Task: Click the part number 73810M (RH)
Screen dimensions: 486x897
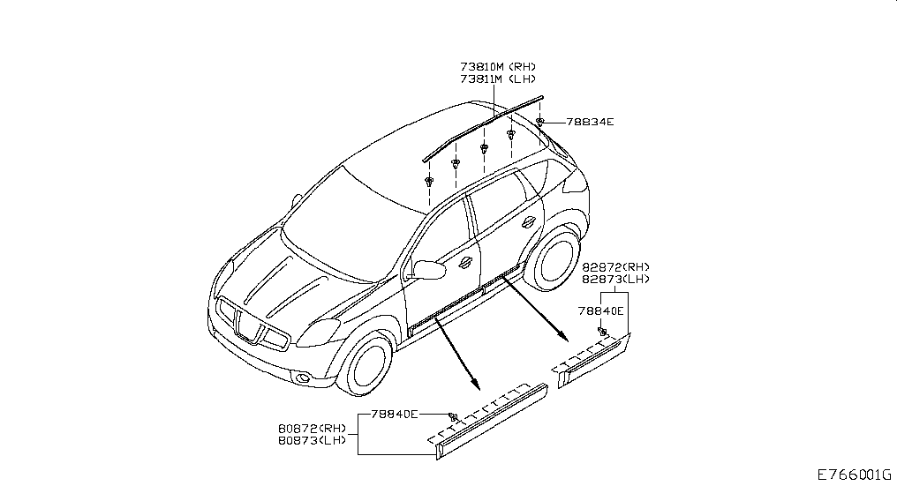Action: pyautogui.click(x=497, y=67)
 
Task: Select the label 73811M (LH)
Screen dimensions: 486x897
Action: pyautogui.click(x=497, y=79)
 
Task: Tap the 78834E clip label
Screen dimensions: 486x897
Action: pyautogui.click(x=590, y=122)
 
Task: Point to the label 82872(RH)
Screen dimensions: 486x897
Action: pyautogui.click(x=616, y=267)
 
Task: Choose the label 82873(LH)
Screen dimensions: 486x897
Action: pyautogui.click(x=616, y=280)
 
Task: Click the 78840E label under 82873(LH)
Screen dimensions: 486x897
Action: pyautogui.click(x=601, y=310)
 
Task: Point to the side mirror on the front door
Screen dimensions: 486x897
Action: pyautogui.click(x=427, y=268)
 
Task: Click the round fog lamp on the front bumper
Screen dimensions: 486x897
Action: pyautogui.click(x=302, y=379)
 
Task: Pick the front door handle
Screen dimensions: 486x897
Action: pyautogui.click(x=465, y=262)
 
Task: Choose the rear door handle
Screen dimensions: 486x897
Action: pyautogui.click(x=528, y=221)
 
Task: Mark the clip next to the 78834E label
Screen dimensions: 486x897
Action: pyautogui.click(x=540, y=121)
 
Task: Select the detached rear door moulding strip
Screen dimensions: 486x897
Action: pyautogui.click(x=593, y=361)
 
